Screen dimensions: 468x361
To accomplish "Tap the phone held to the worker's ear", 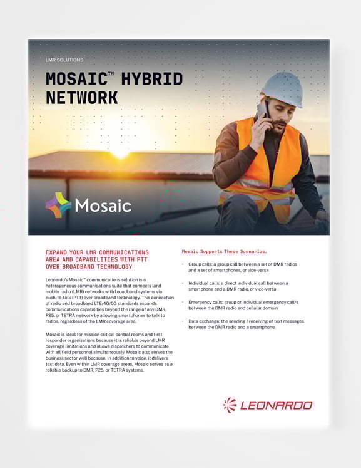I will click(263, 113).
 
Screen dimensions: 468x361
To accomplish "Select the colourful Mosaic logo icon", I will click(58, 205).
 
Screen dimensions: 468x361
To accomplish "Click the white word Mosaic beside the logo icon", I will click(103, 205).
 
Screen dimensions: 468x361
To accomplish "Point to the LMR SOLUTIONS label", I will click(64, 60).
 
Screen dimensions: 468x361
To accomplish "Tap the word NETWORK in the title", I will click(81, 98).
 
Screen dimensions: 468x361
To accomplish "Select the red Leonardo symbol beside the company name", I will click(230, 405).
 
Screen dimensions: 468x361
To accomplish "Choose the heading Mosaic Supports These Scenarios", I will click(224, 251).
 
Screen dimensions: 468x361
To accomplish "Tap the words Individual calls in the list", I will click(205, 283).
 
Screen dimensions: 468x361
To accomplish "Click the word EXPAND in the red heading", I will click(59, 252).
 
